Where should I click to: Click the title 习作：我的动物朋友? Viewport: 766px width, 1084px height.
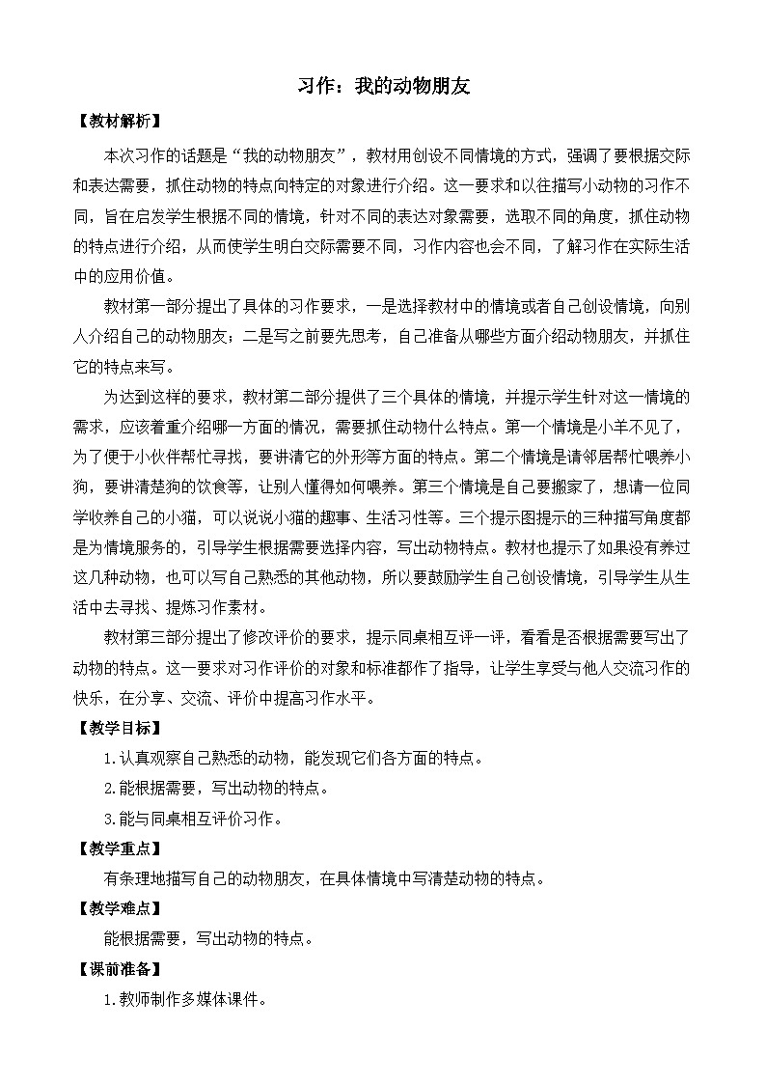(x=383, y=87)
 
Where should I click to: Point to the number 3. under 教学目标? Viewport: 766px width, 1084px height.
(x=109, y=819)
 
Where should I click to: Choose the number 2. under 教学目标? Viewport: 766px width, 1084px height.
(x=109, y=788)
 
